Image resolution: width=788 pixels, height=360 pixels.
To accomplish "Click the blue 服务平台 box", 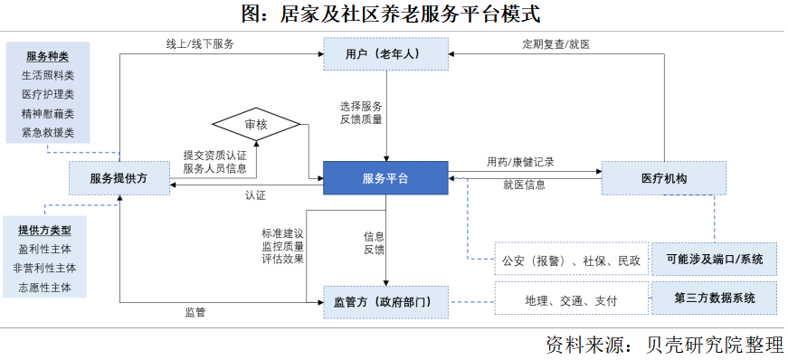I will point(385,178).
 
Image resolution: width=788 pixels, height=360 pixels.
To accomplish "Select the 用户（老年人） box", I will point(385,54).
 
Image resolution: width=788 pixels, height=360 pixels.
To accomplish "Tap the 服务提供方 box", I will point(119,178).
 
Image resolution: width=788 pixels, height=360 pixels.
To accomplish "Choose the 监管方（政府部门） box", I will point(385,301).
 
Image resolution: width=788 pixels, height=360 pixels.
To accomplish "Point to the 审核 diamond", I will point(256,124).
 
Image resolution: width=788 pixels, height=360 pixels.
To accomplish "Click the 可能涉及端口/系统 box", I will point(714,260).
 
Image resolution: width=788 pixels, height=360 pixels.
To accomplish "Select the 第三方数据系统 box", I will point(714,298).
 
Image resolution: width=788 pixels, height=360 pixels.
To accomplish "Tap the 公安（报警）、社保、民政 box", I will point(571,261).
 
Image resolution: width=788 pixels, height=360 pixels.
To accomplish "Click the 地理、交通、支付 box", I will point(571,299).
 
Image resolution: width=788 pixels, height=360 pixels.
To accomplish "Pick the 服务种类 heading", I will point(47,56).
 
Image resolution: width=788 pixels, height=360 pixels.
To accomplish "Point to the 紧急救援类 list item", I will point(47,132).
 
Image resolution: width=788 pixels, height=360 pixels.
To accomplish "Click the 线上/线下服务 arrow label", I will point(200,43).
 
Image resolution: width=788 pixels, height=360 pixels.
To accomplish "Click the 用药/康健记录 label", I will point(520,163).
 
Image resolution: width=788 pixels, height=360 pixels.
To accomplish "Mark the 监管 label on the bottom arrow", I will point(195,312).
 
